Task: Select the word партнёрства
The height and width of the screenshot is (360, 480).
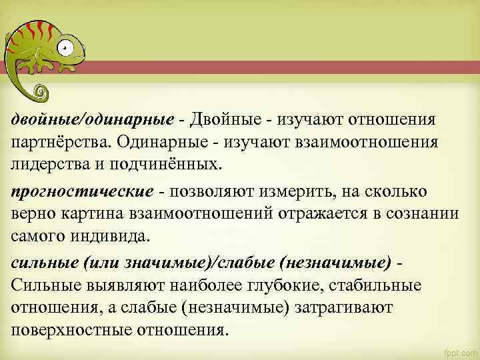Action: tap(59, 142)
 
